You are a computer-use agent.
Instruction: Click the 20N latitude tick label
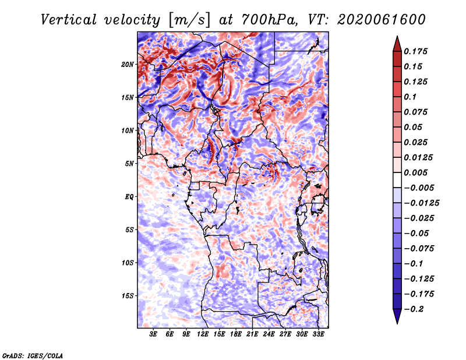(128, 65)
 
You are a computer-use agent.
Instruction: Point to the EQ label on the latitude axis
(129, 197)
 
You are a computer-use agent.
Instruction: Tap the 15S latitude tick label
(128, 296)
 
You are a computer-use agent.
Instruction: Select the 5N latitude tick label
(129, 164)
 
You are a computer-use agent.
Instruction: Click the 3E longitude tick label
(153, 334)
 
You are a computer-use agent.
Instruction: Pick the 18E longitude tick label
(236, 334)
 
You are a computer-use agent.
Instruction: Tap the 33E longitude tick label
(318, 334)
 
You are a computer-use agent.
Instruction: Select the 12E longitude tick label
(203, 334)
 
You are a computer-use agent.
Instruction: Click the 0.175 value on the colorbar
(415, 51)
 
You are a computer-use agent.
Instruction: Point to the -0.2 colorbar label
(414, 309)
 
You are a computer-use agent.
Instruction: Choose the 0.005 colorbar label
(415, 172)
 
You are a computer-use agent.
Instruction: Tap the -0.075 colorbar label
(419, 249)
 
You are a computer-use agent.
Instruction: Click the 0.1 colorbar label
(410, 97)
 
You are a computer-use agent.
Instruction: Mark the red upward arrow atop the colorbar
(397, 44)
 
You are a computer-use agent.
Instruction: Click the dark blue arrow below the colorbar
(397, 316)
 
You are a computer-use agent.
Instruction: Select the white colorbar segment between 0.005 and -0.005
(397, 180)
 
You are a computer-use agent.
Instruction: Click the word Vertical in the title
(69, 20)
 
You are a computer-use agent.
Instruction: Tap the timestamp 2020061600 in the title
(382, 20)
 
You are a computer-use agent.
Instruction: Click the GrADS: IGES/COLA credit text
(33, 355)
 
